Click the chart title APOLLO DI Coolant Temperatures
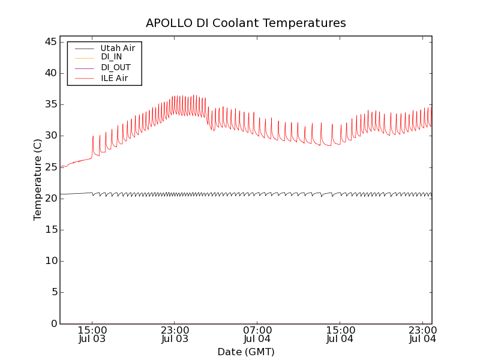[246, 23]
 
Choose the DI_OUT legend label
[115, 68]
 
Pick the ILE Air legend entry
[114, 78]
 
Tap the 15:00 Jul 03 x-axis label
[92, 334]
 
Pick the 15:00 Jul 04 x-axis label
[340, 334]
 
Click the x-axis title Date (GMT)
[246, 352]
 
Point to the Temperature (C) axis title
[38, 179]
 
